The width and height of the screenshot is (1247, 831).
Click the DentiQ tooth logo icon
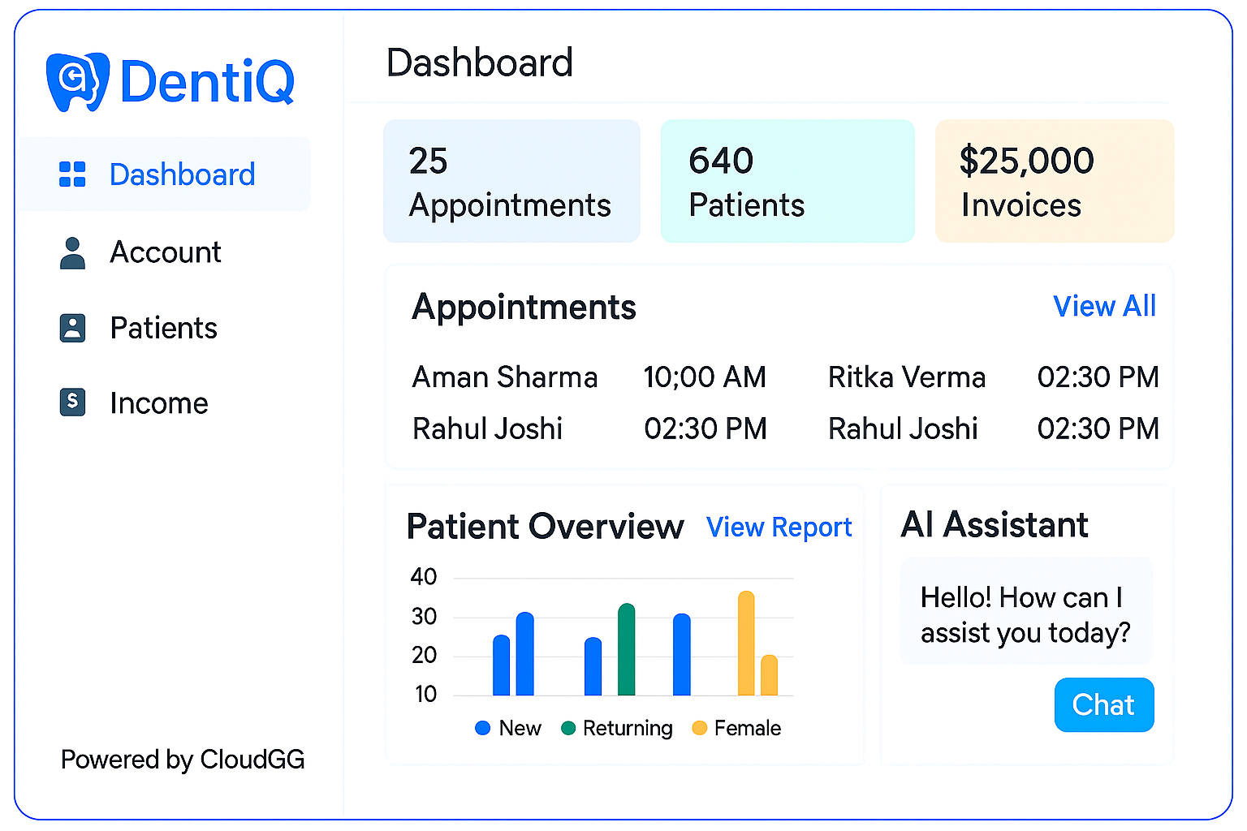[x=77, y=81]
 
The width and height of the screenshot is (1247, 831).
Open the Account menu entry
[x=165, y=252]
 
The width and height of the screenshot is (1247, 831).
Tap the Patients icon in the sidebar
[x=73, y=328]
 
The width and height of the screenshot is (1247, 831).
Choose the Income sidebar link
[x=158, y=403]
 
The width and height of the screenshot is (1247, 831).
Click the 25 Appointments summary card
[x=511, y=182]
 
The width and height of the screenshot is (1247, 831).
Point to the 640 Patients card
[x=787, y=182]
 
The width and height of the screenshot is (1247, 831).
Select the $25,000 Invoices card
[x=1054, y=182]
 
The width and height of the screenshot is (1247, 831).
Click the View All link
[x=1104, y=307]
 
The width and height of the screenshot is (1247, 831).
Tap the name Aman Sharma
[x=505, y=377]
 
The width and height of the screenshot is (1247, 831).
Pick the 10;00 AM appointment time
[x=705, y=377]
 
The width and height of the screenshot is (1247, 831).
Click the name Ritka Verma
[x=906, y=377]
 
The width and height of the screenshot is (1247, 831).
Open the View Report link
[x=779, y=527]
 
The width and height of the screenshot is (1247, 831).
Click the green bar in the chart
[x=626, y=650]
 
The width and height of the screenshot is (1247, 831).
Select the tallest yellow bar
[x=746, y=644]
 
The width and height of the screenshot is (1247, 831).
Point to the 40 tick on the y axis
[x=424, y=577]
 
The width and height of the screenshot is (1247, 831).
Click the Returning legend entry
[x=618, y=728]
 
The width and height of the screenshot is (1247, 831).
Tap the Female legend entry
[x=737, y=728]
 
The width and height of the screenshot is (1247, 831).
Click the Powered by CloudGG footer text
[x=183, y=760]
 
